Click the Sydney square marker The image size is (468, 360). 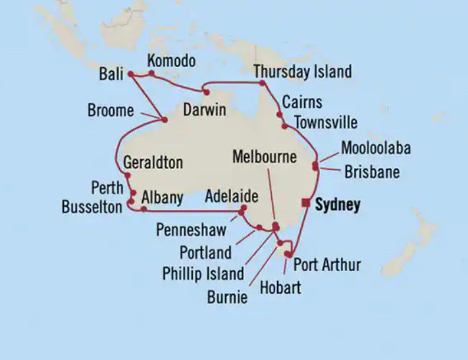tap(305, 203)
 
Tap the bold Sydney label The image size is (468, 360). tap(338, 205)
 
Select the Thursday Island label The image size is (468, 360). tap(302, 72)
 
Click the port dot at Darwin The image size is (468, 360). tap(206, 92)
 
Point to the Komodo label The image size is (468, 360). tap(171, 61)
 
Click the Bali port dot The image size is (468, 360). tap(130, 74)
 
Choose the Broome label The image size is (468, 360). tap(110, 111)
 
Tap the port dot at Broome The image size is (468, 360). tap(164, 120)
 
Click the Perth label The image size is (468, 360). tap(107, 188)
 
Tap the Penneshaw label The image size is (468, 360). tap(192, 230)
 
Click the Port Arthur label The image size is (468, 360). tap(326, 265)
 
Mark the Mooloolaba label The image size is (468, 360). tap(376, 148)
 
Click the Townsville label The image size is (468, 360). tap(326, 122)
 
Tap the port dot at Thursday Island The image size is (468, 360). tap(262, 83)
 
